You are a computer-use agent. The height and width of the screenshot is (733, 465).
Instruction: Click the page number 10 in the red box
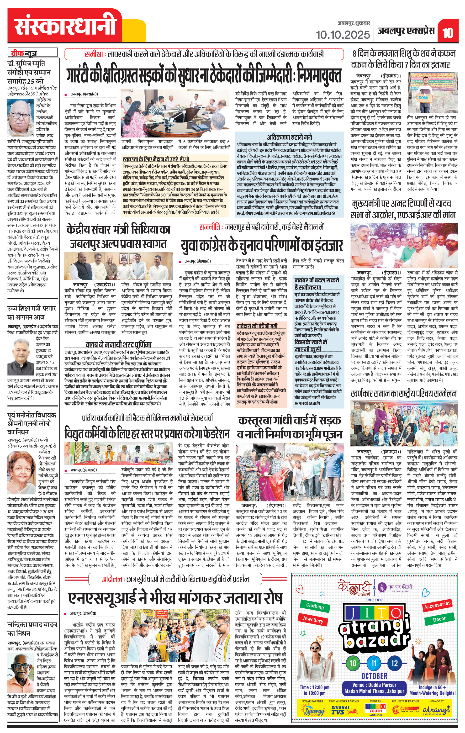click(x=448, y=32)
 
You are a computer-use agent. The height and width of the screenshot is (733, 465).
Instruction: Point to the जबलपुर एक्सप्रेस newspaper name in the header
click(x=406, y=31)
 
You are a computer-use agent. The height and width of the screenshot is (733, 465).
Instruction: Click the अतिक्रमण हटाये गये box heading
click(x=289, y=137)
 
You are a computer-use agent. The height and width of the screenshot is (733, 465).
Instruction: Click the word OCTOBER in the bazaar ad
click(x=374, y=676)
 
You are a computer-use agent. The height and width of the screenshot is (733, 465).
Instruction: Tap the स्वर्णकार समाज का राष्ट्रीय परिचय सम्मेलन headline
click(x=403, y=394)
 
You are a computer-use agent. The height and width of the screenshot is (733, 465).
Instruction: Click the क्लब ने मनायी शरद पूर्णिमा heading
click(x=118, y=345)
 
